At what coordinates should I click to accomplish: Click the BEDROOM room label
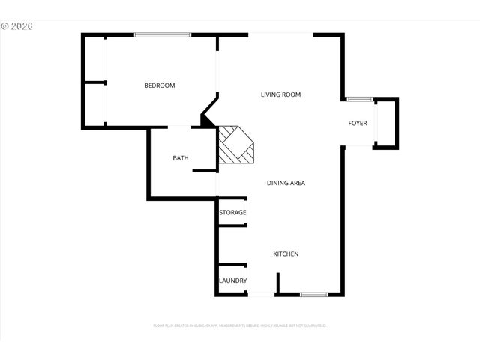pyautogui.click(x=160, y=85)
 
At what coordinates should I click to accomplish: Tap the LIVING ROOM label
pyautogui.click(x=280, y=94)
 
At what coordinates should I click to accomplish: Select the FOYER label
pyautogui.click(x=358, y=123)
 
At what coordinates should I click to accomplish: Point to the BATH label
pyautogui.click(x=181, y=158)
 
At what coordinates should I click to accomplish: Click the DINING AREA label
pyautogui.click(x=286, y=182)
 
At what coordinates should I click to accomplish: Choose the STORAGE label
pyautogui.click(x=232, y=213)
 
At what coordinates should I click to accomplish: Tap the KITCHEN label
pyautogui.click(x=286, y=253)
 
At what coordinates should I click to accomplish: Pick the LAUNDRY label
pyautogui.click(x=232, y=280)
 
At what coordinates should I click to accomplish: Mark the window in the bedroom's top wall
pyautogui.click(x=163, y=34)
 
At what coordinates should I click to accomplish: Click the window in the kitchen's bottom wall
pyautogui.click(x=313, y=295)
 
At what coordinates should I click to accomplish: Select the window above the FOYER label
pyautogui.click(x=359, y=99)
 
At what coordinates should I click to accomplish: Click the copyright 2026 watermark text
pyautogui.click(x=18, y=25)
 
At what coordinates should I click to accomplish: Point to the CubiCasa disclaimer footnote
pyautogui.click(x=239, y=325)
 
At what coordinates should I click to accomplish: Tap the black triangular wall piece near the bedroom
pyautogui.click(x=207, y=119)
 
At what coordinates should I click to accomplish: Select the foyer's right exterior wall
pyautogui.click(x=397, y=123)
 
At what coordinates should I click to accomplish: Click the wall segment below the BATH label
pyautogui.click(x=205, y=172)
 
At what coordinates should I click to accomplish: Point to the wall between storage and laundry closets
pyautogui.click(x=232, y=265)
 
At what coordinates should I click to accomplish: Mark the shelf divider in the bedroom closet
pyautogui.click(x=94, y=82)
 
